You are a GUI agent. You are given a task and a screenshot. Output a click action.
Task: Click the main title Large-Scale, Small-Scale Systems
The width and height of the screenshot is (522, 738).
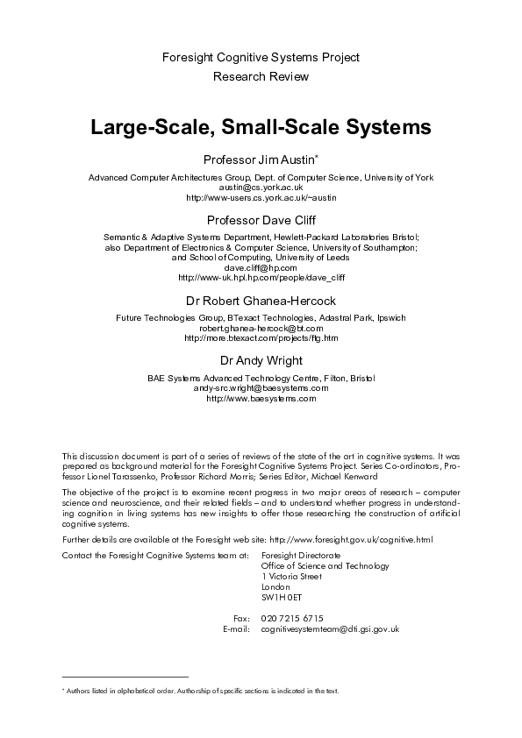tap(261, 127)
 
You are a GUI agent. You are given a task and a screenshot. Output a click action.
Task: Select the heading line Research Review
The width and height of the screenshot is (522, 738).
tap(261, 77)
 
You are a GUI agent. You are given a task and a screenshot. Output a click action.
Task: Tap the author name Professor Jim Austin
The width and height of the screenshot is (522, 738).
tap(259, 160)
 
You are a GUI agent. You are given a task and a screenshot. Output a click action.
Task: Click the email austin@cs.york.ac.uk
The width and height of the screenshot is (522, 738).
tap(261, 187)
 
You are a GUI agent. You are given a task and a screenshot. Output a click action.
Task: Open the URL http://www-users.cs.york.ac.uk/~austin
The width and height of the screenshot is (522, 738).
tap(261, 197)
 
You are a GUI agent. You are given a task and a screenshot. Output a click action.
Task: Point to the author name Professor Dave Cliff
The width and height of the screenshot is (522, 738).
tap(261, 220)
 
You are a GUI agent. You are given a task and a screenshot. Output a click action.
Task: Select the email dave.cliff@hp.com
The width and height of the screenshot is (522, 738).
tap(261, 267)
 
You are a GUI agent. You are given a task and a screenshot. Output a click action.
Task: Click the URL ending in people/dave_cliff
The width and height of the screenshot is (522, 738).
tap(261, 278)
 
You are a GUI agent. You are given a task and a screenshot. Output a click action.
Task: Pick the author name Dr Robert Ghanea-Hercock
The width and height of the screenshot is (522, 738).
tap(261, 301)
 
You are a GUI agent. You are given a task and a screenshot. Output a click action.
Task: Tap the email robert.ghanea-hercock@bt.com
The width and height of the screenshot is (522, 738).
tap(261, 327)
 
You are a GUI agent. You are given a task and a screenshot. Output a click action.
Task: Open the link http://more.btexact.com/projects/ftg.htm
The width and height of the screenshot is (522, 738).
tap(261, 337)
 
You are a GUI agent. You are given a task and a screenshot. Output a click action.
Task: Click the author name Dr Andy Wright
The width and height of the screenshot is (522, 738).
tap(261, 360)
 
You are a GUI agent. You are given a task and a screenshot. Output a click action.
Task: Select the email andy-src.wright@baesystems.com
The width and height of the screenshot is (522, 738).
tap(261, 387)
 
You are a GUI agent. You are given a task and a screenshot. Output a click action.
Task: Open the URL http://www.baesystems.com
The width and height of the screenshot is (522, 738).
tap(261, 398)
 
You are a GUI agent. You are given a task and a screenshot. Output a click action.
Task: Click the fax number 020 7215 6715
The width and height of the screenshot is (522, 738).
tap(292, 618)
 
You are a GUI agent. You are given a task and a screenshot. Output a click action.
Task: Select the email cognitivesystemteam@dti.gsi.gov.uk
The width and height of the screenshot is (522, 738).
tap(331, 628)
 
